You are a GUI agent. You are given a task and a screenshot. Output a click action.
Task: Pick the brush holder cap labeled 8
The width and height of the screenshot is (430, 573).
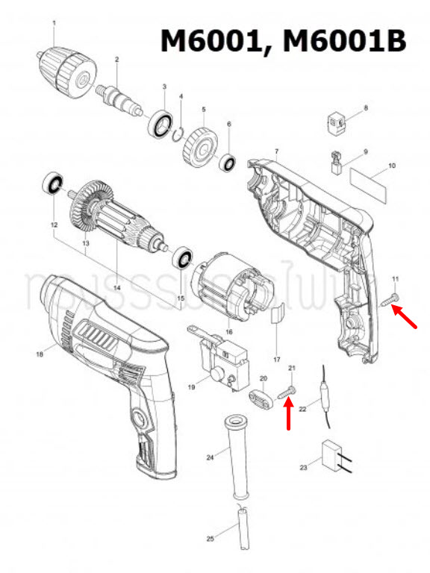(337, 121)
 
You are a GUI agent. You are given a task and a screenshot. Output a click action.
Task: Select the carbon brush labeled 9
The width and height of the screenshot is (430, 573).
(337, 163)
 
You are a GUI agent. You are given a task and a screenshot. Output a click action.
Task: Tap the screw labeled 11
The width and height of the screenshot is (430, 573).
(390, 301)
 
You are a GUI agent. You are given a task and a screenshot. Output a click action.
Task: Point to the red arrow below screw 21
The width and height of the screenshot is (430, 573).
(289, 416)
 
